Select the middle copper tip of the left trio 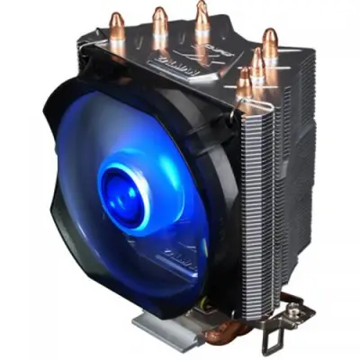click(159, 22)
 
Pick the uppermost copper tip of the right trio click(269, 40)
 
